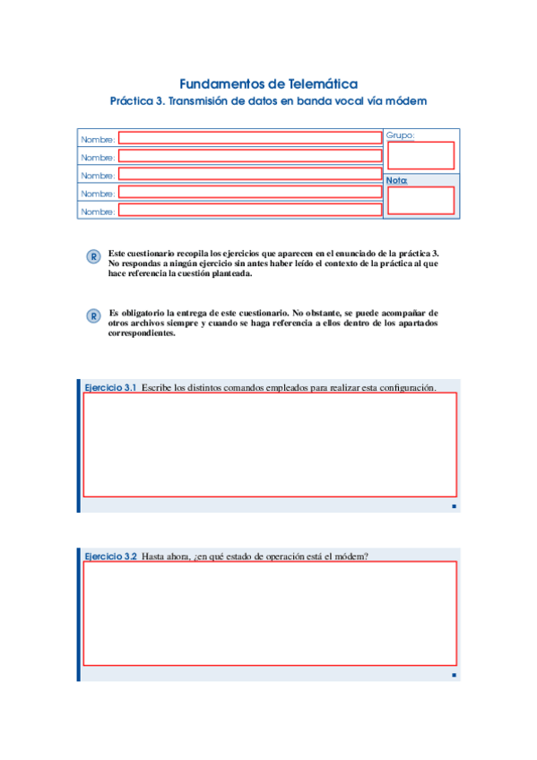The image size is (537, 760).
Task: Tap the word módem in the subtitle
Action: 406,102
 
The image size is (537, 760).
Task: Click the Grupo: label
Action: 400,135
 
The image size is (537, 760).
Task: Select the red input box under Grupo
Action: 420,156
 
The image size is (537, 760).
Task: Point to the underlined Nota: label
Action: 396,180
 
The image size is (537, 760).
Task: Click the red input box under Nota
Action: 420,200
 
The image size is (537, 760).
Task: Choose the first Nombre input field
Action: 250,138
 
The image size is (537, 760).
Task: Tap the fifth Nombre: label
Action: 98,212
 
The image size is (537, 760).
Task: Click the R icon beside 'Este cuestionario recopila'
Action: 92,257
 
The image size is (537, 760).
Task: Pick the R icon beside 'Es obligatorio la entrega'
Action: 92,316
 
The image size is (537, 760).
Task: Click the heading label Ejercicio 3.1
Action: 109,387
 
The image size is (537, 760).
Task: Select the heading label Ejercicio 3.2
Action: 109,557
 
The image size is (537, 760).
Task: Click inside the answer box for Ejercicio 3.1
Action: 270,445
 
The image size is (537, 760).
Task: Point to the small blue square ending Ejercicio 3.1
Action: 455,506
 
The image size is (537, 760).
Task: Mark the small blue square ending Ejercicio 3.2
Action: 455,675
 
